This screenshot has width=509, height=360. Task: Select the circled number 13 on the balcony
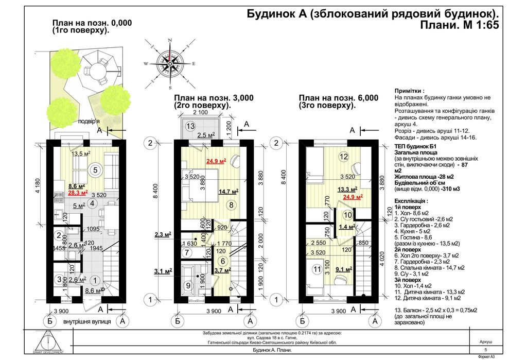click(x=190, y=126)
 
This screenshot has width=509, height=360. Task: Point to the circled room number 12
click(x=344, y=157)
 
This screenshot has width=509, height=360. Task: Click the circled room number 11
click(x=315, y=268)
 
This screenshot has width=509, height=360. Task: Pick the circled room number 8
click(x=232, y=204)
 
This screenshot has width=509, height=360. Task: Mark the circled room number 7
click(x=187, y=253)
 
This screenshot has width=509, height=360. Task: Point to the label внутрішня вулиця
click(x=81, y=322)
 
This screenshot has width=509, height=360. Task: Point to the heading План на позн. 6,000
click(x=338, y=98)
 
